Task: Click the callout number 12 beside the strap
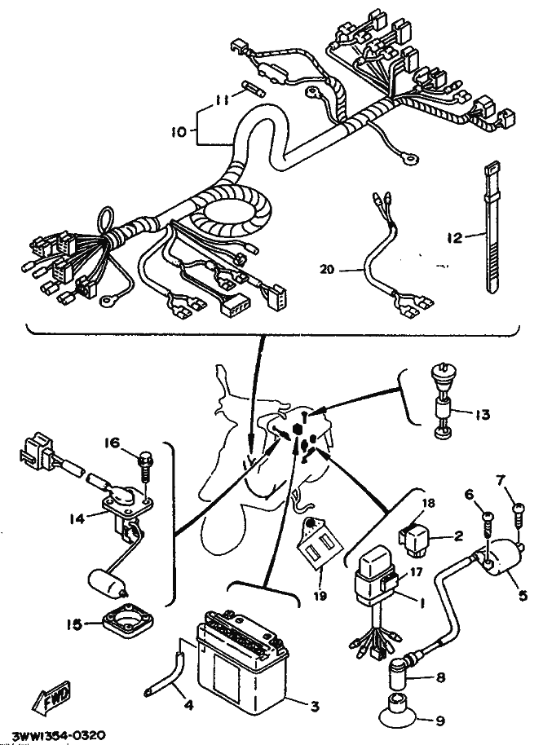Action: coord(455,237)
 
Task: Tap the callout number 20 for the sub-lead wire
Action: coord(327,270)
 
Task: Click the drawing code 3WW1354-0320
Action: coord(59,735)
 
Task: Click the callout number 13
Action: coord(482,414)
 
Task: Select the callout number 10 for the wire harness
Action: coord(179,132)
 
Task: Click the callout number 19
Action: coord(320,595)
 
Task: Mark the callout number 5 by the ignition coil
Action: coord(523,595)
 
